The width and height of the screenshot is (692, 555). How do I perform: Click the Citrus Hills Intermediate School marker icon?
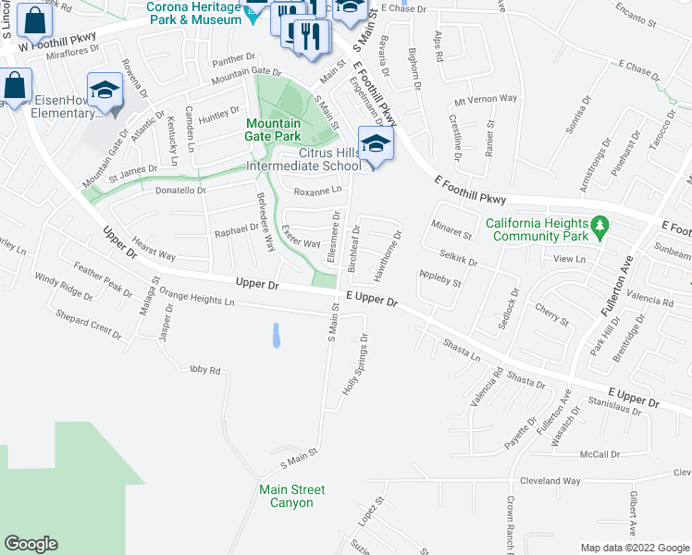(376, 144)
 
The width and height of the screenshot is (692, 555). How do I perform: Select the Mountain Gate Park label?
(273, 129)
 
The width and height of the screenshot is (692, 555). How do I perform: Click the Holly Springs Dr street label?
(356, 365)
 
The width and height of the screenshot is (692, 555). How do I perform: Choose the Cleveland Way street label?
(550, 481)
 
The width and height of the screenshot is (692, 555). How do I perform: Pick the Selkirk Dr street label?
(459, 257)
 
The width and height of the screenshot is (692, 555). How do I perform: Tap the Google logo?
(31, 544)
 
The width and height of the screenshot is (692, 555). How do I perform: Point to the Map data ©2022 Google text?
(635, 548)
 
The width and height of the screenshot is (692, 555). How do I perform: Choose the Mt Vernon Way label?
(486, 98)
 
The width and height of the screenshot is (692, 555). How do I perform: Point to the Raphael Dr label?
(238, 229)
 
